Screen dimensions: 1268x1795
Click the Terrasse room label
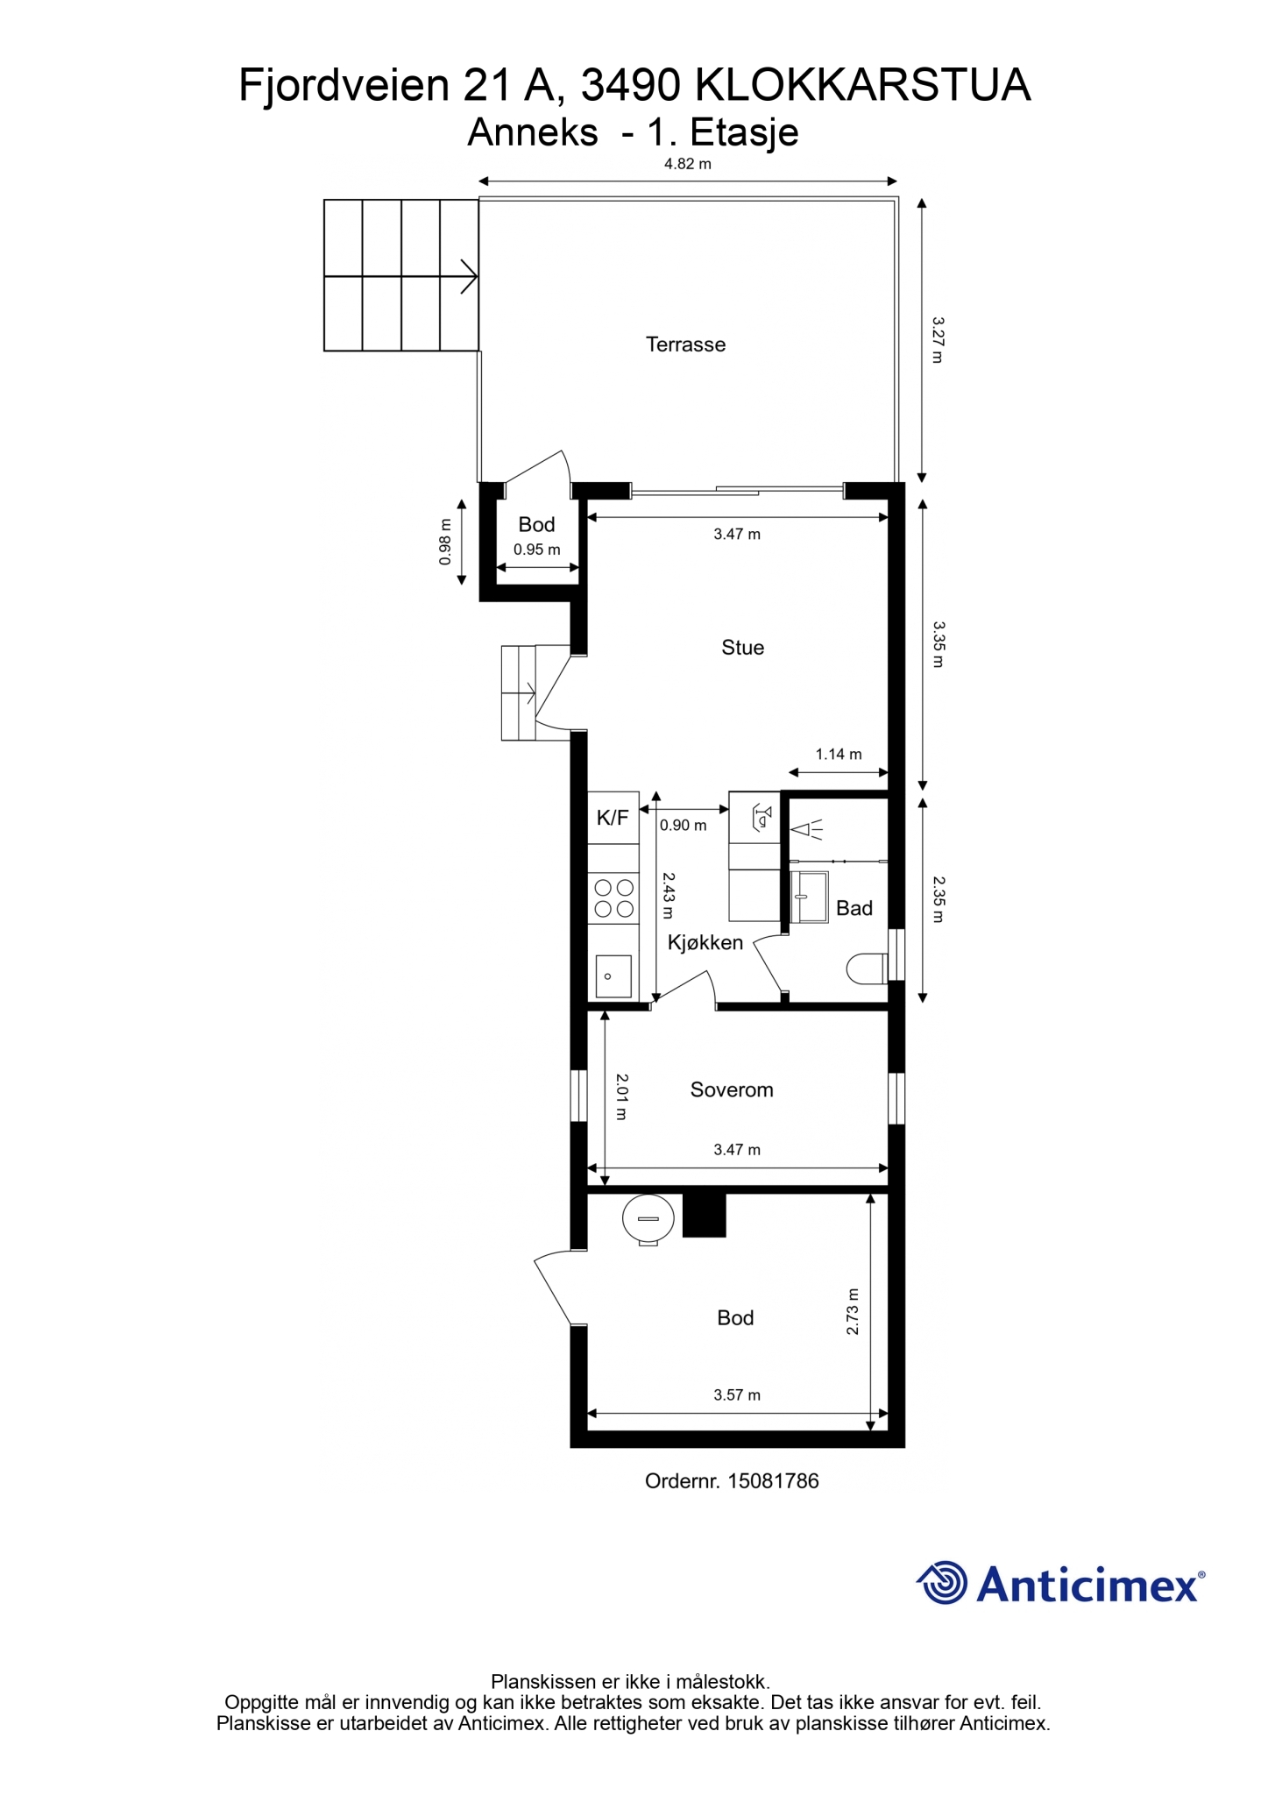(x=685, y=344)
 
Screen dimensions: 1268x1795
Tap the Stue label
(x=742, y=648)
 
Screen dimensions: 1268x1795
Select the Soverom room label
(x=732, y=1089)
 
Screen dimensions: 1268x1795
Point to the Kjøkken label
(x=705, y=943)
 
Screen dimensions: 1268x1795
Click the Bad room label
(x=854, y=908)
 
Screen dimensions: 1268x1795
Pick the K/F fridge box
(x=613, y=818)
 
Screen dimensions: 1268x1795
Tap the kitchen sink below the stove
(x=613, y=976)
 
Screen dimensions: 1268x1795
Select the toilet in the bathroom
(x=868, y=968)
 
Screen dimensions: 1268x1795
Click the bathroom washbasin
(x=810, y=897)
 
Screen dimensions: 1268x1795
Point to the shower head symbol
(x=807, y=828)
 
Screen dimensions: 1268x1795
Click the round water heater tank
(x=648, y=1219)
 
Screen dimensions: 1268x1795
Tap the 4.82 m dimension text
(x=688, y=164)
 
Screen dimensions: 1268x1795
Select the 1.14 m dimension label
(x=839, y=754)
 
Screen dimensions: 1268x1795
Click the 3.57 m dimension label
(x=737, y=1395)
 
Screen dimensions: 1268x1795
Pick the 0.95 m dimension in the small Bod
(x=537, y=550)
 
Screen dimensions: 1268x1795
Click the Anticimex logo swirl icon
(x=942, y=1583)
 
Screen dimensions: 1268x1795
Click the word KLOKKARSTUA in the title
(x=862, y=86)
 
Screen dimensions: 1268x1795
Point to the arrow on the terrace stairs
(x=469, y=276)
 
